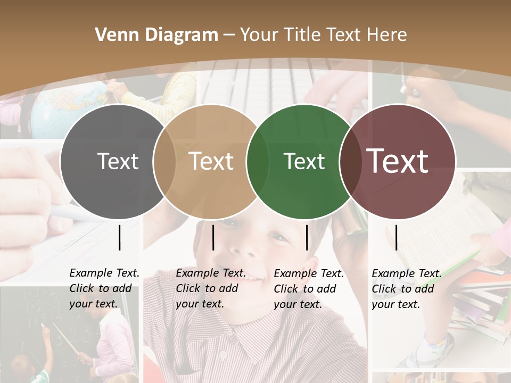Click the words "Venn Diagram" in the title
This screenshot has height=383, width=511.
(x=156, y=35)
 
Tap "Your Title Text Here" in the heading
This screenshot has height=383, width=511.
(x=323, y=35)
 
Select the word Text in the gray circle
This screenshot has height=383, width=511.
(x=118, y=161)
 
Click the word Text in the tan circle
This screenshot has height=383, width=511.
(x=211, y=161)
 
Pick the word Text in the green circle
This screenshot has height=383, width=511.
(x=304, y=161)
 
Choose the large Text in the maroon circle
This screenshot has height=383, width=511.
(x=398, y=161)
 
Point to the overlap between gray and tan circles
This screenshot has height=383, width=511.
(x=164, y=162)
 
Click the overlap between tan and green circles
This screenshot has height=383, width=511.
(x=258, y=162)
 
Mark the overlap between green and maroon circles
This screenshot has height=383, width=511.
(x=351, y=162)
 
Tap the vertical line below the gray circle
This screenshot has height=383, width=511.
(x=120, y=237)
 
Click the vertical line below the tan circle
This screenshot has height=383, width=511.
(x=213, y=237)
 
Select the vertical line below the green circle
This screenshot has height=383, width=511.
(x=307, y=237)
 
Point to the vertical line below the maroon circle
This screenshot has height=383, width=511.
(x=396, y=237)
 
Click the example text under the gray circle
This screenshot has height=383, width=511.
(x=104, y=288)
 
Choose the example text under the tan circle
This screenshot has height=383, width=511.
(x=210, y=288)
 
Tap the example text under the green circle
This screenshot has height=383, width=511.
(x=308, y=289)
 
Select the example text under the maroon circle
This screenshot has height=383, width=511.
(x=406, y=289)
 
